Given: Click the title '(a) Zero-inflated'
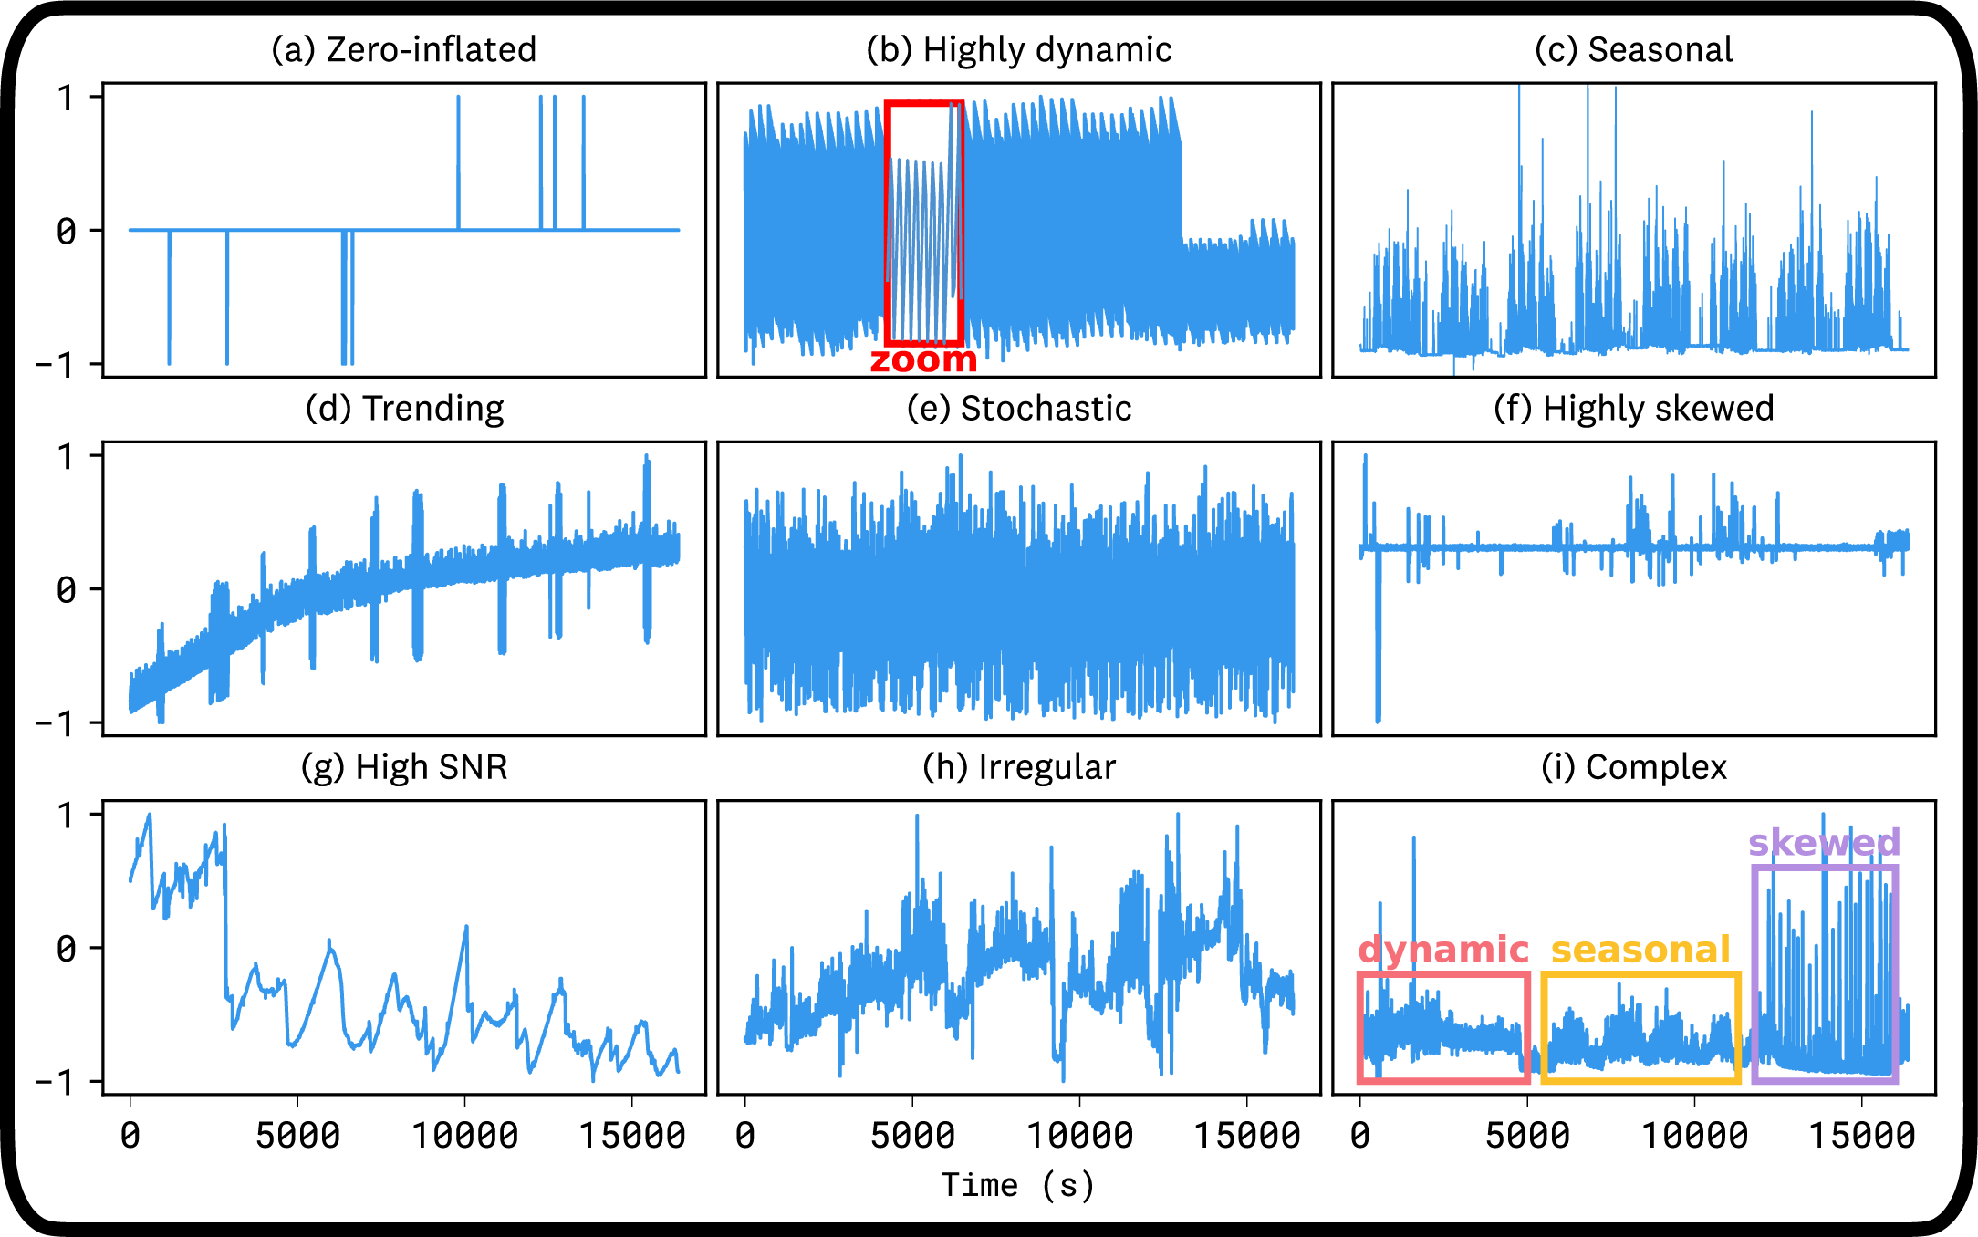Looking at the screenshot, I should click(x=403, y=49).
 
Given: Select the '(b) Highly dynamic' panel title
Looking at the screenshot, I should click(x=1019, y=49).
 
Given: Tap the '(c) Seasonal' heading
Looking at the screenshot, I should click(x=1633, y=49).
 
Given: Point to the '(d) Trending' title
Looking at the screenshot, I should click(x=404, y=408).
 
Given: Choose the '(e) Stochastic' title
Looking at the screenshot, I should click(x=1019, y=408).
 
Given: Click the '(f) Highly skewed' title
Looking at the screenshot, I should click(x=1633, y=408).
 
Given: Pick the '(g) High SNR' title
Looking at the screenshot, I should click(x=404, y=767).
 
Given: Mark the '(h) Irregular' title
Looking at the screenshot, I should click(x=1019, y=767).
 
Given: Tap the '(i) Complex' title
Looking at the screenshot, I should click(x=1633, y=767).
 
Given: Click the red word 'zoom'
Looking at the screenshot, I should click(x=923, y=359).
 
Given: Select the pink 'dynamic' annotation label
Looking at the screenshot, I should click(x=1443, y=950).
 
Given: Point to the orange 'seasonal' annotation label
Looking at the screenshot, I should click(x=1640, y=950).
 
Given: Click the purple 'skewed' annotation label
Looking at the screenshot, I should click(x=1824, y=842).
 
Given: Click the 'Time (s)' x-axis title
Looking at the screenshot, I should click(x=1017, y=1185).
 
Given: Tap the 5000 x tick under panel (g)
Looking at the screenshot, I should click(x=297, y=1136).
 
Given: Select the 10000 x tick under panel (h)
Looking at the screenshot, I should click(x=1079, y=1136).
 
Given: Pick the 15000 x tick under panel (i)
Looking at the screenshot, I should click(x=1861, y=1136).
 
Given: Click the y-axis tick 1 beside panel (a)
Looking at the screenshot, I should click(x=66, y=98).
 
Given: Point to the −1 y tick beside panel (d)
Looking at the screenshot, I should click(x=55, y=724).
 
